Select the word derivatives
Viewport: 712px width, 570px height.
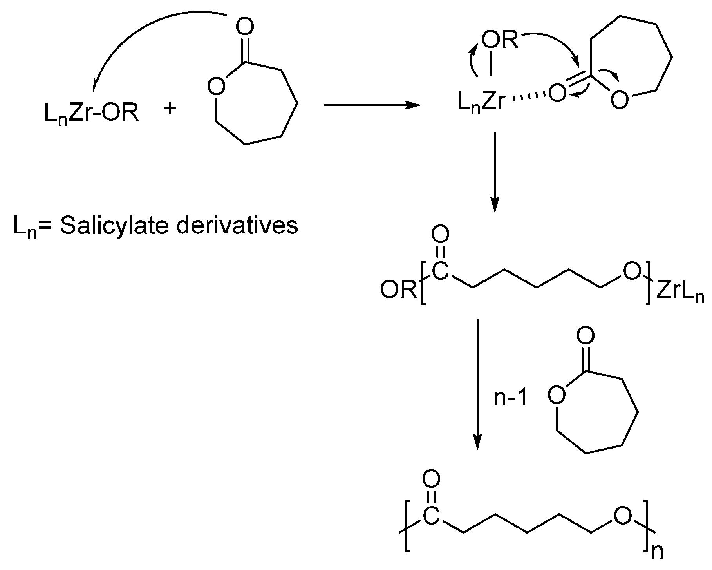pyautogui.click(x=237, y=226)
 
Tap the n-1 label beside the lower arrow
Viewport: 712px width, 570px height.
pyautogui.click(x=511, y=399)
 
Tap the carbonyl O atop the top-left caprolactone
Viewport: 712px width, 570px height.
pyautogui.click(x=245, y=27)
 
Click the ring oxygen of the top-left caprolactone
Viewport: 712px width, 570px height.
pyautogui.click(x=216, y=87)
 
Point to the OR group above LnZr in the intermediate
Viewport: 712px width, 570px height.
pyautogui.click(x=500, y=40)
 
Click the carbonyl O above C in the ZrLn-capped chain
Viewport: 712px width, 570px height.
pyautogui.click(x=440, y=235)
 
